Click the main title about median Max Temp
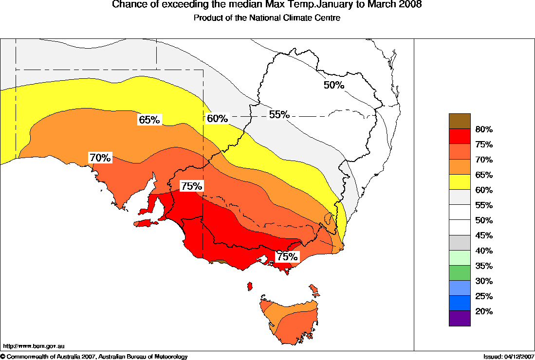(x=267, y=5)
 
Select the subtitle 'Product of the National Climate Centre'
(x=267, y=18)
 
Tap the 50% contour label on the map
(x=334, y=85)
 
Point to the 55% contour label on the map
(x=279, y=115)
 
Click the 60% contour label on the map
(x=217, y=118)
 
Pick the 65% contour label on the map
(x=149, y=120)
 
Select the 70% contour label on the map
(x=101, y=158)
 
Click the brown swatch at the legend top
(x=460, y=121)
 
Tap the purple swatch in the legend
(x=460, y=318)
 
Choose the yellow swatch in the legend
(x=460, y=182)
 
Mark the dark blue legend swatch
(x=460, y=303)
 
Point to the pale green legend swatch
(x=460, y=258)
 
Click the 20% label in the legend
(x=484, y=311)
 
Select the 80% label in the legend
(x=484, y=129)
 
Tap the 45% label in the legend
(x=484, y=235)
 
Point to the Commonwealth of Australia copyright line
(x=94, y=357)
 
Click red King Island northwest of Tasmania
(x=250, y=286)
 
